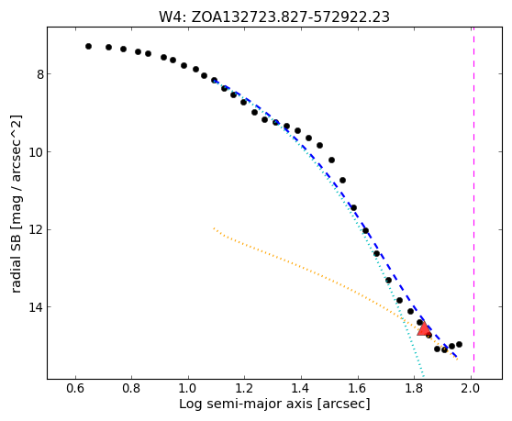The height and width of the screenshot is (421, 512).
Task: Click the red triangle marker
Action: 424,329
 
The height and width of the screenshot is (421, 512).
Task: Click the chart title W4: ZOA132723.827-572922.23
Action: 274,17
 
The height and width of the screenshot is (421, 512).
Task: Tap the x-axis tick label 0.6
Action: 75,388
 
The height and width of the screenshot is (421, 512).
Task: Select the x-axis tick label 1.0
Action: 188,388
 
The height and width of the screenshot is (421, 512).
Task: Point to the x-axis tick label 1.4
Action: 301,388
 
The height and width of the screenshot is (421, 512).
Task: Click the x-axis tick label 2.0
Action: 471,388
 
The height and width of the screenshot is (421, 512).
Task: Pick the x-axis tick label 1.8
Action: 414,388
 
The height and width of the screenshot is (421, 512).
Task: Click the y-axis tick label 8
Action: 39,74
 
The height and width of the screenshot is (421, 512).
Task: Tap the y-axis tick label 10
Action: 36,152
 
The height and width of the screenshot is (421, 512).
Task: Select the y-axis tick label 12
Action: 36,229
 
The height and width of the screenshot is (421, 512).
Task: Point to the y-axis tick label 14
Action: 36,307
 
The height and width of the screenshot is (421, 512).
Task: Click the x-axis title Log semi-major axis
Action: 246,404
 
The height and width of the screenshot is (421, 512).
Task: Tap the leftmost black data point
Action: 88,47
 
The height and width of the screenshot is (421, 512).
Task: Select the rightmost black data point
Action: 459,344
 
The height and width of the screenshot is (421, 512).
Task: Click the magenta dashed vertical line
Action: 473,203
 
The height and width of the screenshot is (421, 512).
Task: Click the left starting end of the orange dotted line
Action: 214,228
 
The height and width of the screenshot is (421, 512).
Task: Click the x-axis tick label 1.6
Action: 358,388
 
